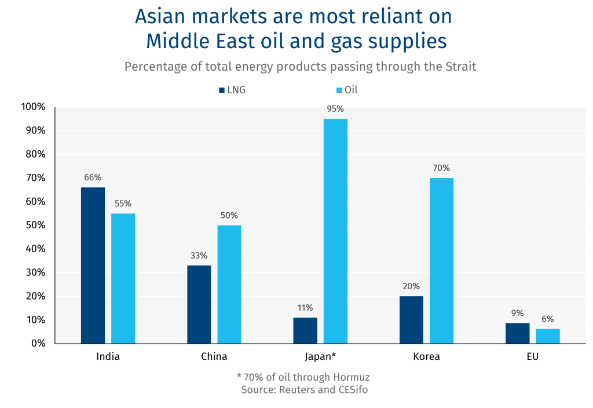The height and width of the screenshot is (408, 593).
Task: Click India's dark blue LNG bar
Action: click(93, 265)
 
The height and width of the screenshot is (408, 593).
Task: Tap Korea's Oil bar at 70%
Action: click(441, 260)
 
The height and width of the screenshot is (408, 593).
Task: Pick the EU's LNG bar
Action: click(517, 333)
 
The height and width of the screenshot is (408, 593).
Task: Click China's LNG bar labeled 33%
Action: click(199, 304)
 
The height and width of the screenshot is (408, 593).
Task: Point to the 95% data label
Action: click(335, 108)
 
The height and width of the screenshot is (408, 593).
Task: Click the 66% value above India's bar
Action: click(93, 177)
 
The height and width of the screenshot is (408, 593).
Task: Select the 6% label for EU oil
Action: click(548, 319)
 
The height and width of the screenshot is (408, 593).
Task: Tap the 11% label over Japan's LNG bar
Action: click(305, 308)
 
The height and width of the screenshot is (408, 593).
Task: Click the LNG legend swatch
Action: click(222, 90)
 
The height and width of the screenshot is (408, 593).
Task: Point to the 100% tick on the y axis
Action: click(33, 107)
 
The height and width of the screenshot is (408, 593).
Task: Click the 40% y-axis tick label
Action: click(35, 249)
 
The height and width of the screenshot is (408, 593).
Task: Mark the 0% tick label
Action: click(38, 343)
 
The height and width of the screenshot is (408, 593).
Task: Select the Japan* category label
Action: click(320, 356)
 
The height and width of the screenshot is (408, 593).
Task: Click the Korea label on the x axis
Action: click(426, 356)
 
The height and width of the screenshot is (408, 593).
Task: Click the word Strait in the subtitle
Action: click(460, 66)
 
